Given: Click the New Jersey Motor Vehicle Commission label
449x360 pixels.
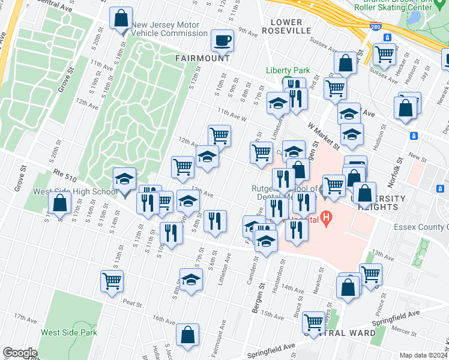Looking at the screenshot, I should click(x=170, y=29).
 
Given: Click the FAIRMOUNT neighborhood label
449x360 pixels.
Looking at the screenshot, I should click(x=203, y=58).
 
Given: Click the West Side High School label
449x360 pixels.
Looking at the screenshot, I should click(x=75, y=192).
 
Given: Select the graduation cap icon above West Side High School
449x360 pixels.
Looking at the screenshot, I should click(x=125, y=179).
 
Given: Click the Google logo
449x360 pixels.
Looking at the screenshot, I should click(x=20, y=353).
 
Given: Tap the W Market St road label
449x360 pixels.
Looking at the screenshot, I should click(x=324, y=137).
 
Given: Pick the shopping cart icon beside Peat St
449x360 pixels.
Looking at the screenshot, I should click(x=112, y=280).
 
